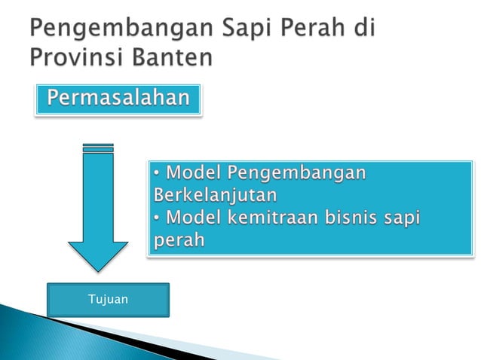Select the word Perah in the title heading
coord(309,29)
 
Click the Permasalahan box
coord(118,99)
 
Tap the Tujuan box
coord(108,300)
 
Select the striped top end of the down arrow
coord(99,148)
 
